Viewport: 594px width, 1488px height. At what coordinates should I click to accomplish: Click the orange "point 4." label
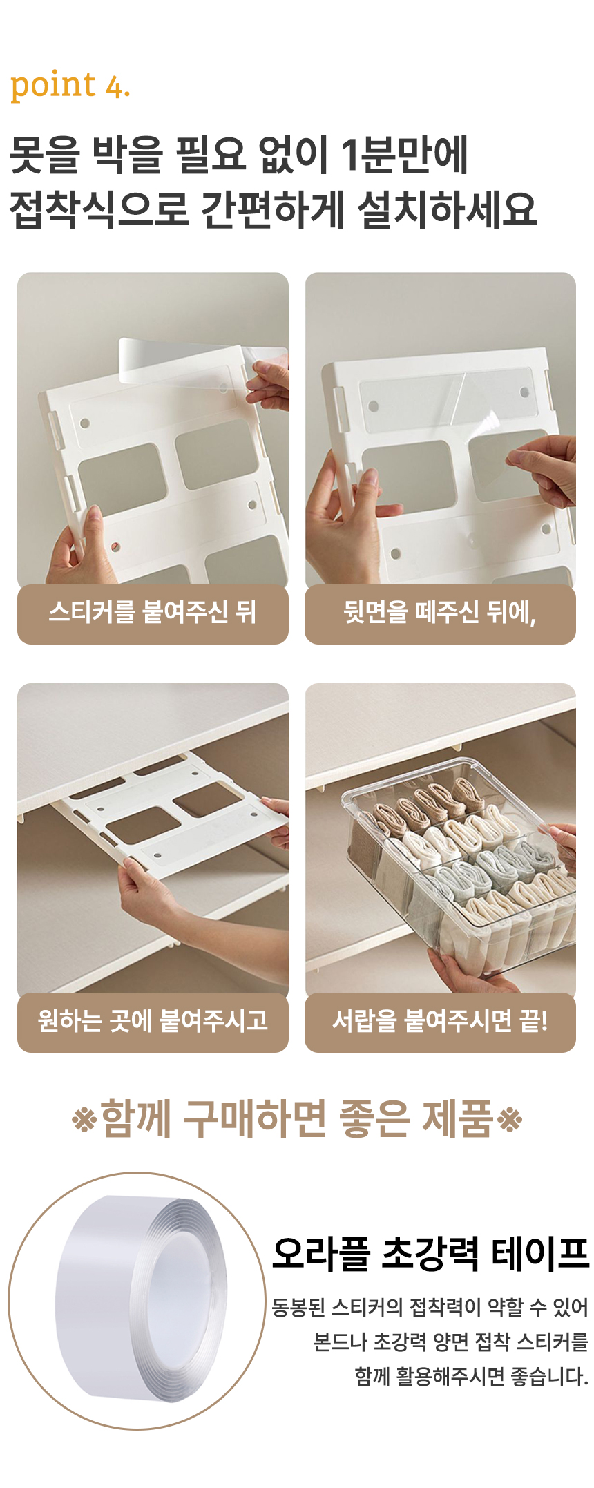pos(70,86)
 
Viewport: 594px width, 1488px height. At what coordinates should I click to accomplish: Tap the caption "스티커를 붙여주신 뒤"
pos(152,612)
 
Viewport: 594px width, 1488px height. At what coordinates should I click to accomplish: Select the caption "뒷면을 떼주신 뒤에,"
pos(440,612)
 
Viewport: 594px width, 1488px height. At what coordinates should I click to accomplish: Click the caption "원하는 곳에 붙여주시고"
pos(153,1020)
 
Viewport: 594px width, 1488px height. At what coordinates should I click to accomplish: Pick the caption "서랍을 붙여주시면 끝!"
pos(440,1020)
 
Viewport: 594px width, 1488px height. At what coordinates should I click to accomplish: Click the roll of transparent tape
pos(142,1299)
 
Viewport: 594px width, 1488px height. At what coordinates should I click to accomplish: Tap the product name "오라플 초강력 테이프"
pos(431,1254)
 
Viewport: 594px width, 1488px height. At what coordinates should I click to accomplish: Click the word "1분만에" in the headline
pos(405,154)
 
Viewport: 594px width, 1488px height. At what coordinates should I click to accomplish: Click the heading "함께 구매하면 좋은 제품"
pos(297,1118)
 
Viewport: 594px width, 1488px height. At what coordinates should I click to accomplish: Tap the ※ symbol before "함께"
pos(84,1120)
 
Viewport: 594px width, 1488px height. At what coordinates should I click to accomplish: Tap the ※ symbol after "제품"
pos(510,1120)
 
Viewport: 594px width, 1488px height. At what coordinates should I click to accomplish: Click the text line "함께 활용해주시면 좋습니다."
pos(472,1377)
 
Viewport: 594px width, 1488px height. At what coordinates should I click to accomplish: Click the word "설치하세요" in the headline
pos(447,209)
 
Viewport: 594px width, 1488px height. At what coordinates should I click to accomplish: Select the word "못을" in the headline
pos(45,154)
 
